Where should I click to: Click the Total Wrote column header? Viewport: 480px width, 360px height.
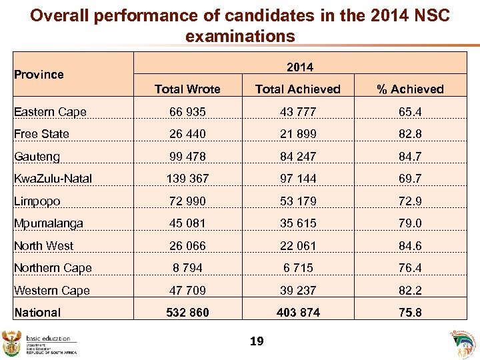point(187,89)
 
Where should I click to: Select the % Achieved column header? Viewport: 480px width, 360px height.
point(410,89)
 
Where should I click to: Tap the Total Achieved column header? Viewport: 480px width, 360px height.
point(298,89)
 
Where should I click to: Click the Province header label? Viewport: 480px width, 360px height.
point(39,75)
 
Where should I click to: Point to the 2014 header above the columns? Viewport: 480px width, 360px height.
point(299,67)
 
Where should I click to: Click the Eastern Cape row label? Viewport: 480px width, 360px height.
point(50,112)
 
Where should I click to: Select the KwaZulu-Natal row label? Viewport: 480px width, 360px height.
point(53,179)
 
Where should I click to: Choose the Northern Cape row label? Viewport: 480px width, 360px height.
point(53,268)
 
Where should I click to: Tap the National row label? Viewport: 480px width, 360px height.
point(37,313)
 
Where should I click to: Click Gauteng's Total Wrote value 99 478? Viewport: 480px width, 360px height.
point(187,157)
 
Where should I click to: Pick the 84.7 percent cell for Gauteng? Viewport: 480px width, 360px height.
point(410,157)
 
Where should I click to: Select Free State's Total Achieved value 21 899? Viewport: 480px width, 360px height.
point(298,134)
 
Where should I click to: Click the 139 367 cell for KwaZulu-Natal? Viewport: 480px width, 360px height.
point(187,179)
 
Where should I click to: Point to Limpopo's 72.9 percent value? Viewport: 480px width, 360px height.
point(410,201)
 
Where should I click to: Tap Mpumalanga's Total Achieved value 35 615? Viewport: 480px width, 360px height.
point(298,223)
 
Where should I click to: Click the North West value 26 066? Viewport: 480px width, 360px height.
point(187,246)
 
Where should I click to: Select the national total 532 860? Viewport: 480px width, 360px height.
point(187,313)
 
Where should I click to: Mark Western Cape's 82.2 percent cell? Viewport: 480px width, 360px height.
point(410,291)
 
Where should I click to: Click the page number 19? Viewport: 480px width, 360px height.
point(257,342)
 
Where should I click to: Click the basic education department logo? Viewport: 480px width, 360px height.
point(40,344)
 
